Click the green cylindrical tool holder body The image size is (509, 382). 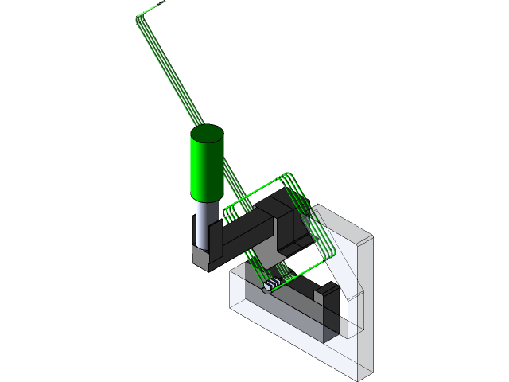[206, 169]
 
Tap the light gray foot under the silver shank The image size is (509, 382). [202, 258]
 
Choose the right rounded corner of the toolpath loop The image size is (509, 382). [335, 253]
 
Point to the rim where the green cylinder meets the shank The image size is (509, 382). [205, 199]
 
